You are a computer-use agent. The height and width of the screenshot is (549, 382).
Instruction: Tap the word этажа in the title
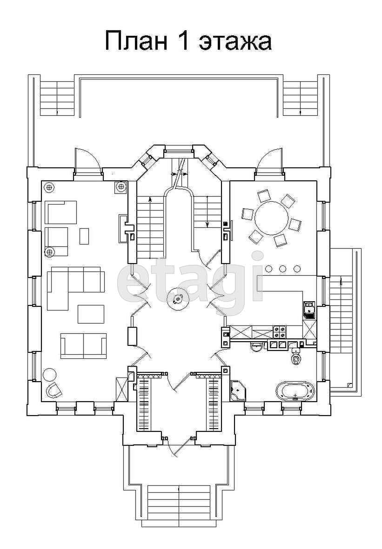coord(235,42)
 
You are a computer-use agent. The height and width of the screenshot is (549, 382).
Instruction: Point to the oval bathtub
coord(295,391)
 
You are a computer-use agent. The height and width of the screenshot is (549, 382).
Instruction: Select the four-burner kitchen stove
coord(280,332)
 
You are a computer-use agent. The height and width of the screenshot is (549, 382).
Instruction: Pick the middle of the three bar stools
coord(283,269)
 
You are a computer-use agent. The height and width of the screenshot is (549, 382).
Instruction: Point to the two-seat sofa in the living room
coord(83,345)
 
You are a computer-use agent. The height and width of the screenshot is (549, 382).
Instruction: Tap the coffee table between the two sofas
coord(91,314)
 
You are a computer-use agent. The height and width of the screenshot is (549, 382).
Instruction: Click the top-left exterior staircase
coord(57,98)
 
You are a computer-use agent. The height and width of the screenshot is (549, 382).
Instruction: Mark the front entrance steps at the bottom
coord(179,503)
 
